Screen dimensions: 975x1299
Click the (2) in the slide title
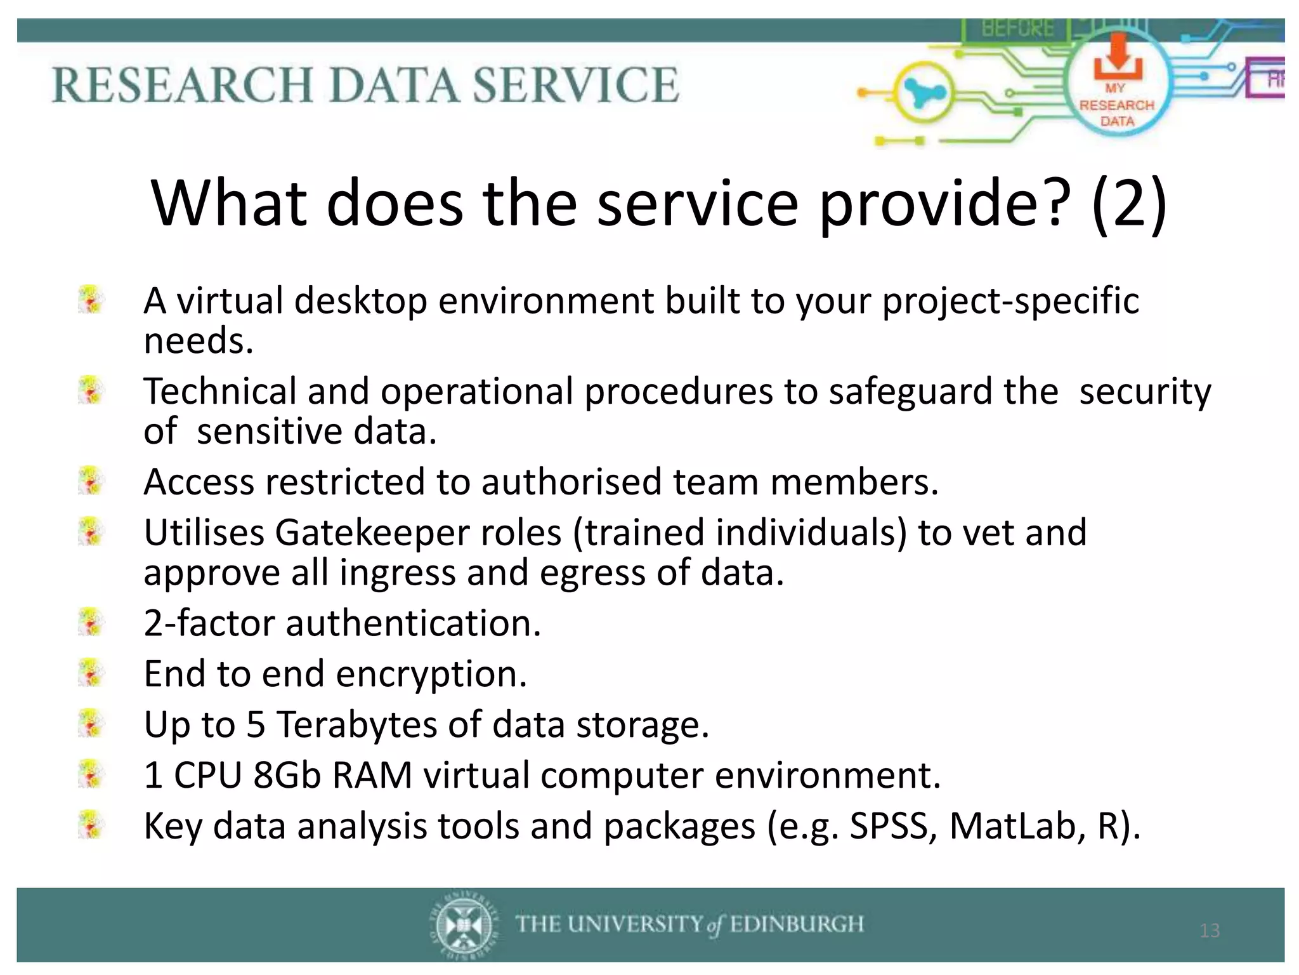[1129, 203]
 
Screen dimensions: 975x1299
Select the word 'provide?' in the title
[945, 203]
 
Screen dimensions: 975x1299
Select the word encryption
[431, 674]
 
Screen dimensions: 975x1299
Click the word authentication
[413, 623]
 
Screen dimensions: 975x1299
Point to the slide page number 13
[1210, 931]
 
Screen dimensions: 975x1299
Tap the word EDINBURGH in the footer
[797, 924]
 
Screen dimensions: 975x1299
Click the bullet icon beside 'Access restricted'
[91, 481]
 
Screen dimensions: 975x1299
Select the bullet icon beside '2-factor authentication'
[91, 622]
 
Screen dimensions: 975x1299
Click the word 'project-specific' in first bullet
[1010, 300]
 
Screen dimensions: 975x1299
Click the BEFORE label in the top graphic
[1017, 29]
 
